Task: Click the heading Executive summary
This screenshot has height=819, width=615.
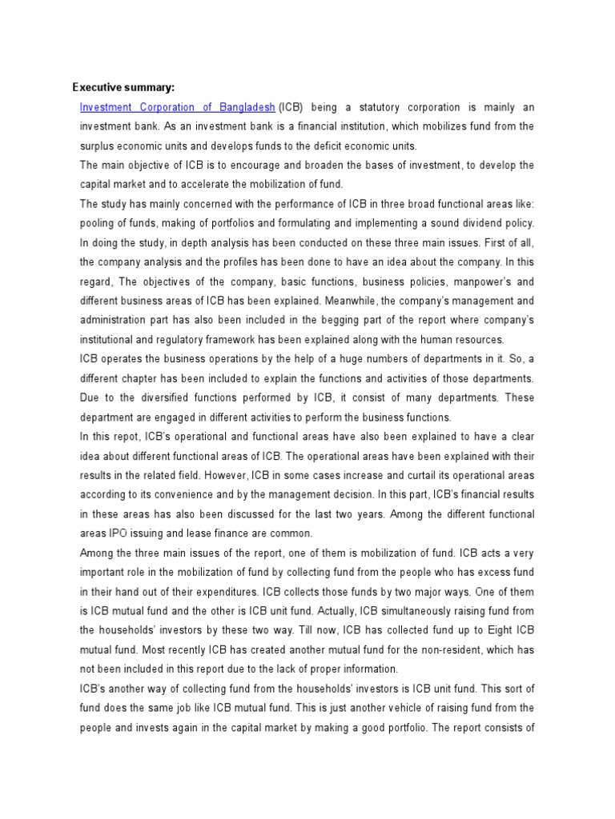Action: click(123, 87)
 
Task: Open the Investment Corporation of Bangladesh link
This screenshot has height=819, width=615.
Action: click(178, 107)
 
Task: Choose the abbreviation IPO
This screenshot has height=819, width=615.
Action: click(119, 533)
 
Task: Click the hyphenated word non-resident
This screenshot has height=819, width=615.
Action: click(437, 649)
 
